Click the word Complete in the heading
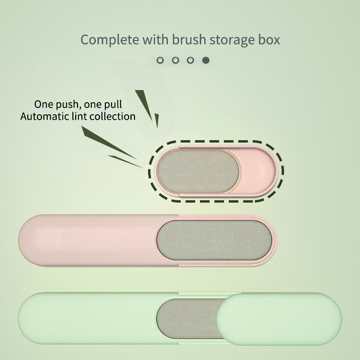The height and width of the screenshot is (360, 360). pyautogui.click(x=109, y=40)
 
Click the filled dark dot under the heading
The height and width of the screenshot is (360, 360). pyautogui.click(x=206, y=60)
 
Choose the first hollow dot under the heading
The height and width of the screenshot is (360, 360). pyautogui.click(x=160, y=60)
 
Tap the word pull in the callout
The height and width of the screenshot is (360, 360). pyautogui.click(x=112, y=105)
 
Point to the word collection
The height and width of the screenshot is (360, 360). pyautogui.click(x=115, y=116)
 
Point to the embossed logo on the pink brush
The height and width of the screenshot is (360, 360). pyautogui.click(x=45, y=241)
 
